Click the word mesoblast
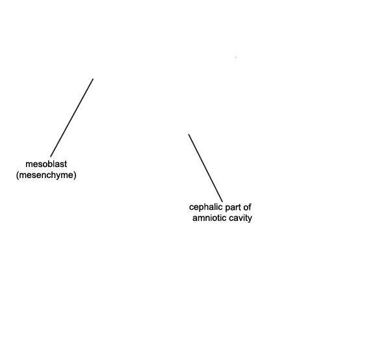click(46, 164)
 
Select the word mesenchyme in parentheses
click(46, 175)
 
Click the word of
click(247, 207)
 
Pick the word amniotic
click(209, 218)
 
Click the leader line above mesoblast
click(72, 118)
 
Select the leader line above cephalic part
click(205, 168)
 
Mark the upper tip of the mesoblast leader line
click(93, 79)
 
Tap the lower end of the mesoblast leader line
click(51, 157)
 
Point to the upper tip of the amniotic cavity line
click(188, 135)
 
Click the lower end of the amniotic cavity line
click(222, 202)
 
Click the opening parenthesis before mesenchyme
click(18, 175)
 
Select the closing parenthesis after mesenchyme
click(75, 175)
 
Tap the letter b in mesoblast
click(50, 164)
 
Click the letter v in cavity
click(240, 219)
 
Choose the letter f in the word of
click(249, 207)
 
